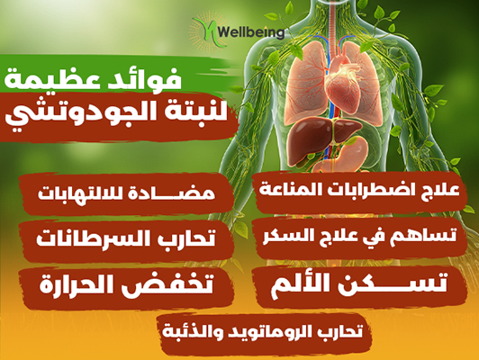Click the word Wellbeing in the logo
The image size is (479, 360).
point(252,32)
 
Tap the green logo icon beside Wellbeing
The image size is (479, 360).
point(206,32)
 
